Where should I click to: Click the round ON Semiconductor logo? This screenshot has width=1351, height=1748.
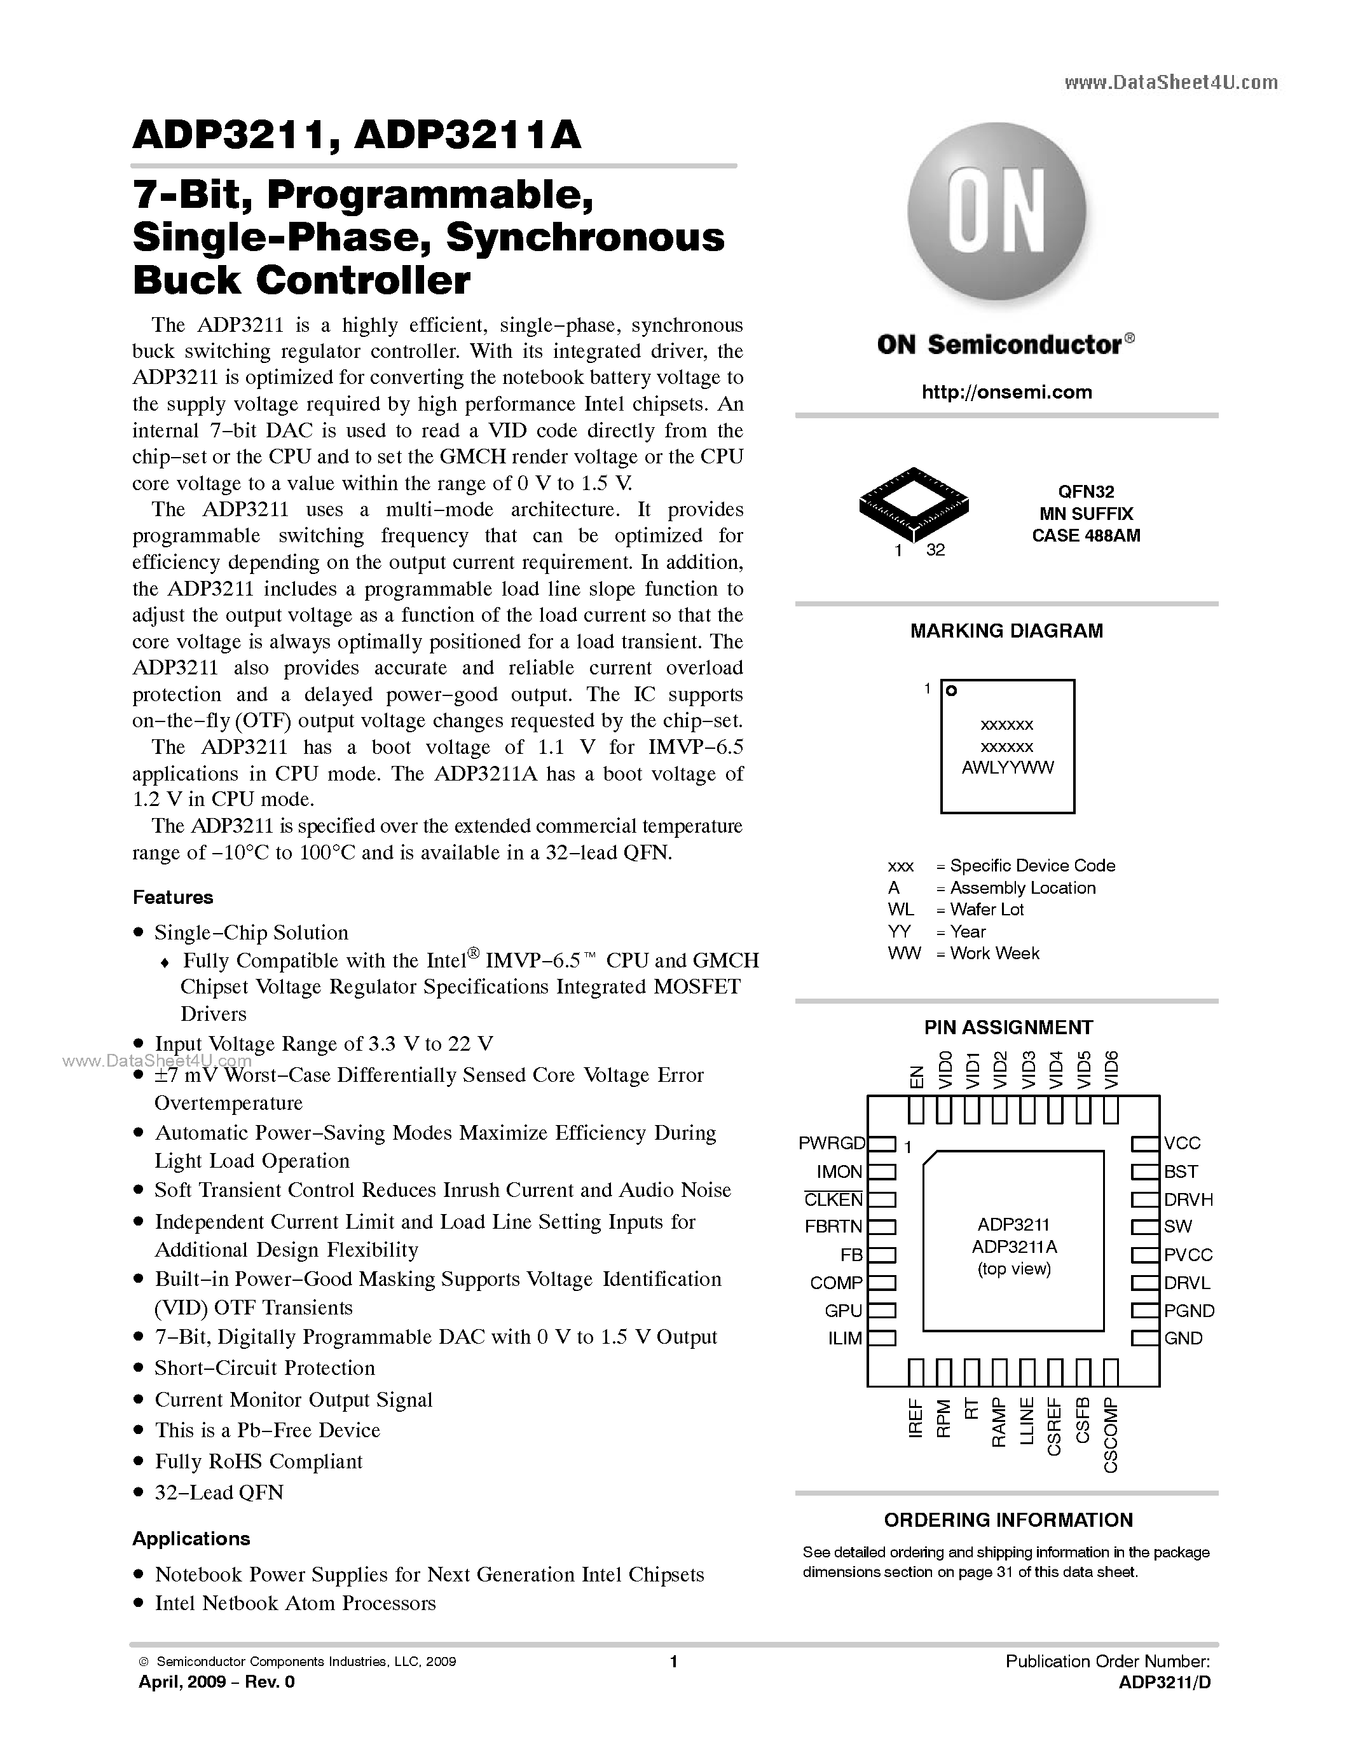(996, 213)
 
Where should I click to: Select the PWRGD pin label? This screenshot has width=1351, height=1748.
(832, 1143)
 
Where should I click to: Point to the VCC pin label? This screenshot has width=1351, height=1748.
(1182, 1143)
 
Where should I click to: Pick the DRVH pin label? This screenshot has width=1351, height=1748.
(1188, 1199)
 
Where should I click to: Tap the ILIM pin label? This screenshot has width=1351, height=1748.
(844, 1338)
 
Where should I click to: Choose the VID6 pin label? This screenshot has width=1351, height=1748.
(1111, 1069)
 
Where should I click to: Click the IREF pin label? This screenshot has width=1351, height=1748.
(916, 1417)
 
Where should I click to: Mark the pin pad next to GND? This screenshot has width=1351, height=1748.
(1145, 1338)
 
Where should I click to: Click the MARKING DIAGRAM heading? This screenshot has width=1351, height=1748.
(1006, 631)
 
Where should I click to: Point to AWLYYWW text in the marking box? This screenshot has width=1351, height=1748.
(1007, 768)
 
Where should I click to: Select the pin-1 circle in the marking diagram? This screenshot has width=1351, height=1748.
(952, 691)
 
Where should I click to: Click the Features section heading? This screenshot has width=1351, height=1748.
(173, 898)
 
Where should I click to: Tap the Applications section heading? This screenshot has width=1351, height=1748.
(191, 1538)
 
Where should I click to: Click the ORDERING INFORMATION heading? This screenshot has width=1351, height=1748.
(1008, 1520)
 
